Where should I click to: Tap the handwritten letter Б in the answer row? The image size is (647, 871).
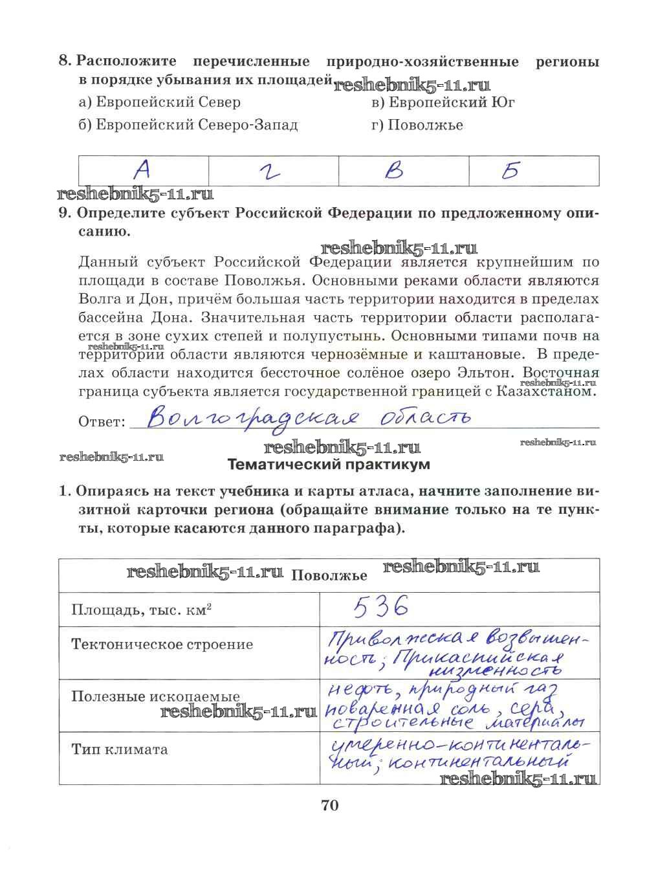(x=511, y=170)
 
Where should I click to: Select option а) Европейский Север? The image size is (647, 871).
(x=159, y=102)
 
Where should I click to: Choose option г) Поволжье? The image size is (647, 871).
(x=417, y=125)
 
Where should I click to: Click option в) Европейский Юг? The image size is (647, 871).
(x=443, y=102)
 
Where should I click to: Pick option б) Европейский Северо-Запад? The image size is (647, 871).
(x=188, y=125)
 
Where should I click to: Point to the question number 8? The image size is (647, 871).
(x=65, y=62)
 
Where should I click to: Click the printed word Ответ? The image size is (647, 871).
(x=101, y=422)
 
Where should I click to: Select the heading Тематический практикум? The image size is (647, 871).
(x=329, y=465)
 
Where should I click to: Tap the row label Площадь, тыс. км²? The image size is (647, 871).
(x=142, y=610)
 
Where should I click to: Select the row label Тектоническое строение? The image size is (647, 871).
(x=162, y=645)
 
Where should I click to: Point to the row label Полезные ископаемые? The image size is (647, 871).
(x=155, y=697)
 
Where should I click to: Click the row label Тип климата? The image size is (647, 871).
(x=120, y=749)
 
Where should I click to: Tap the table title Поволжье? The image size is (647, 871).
(x=329, y=576)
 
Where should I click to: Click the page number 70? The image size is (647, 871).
(x=329, y=806)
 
